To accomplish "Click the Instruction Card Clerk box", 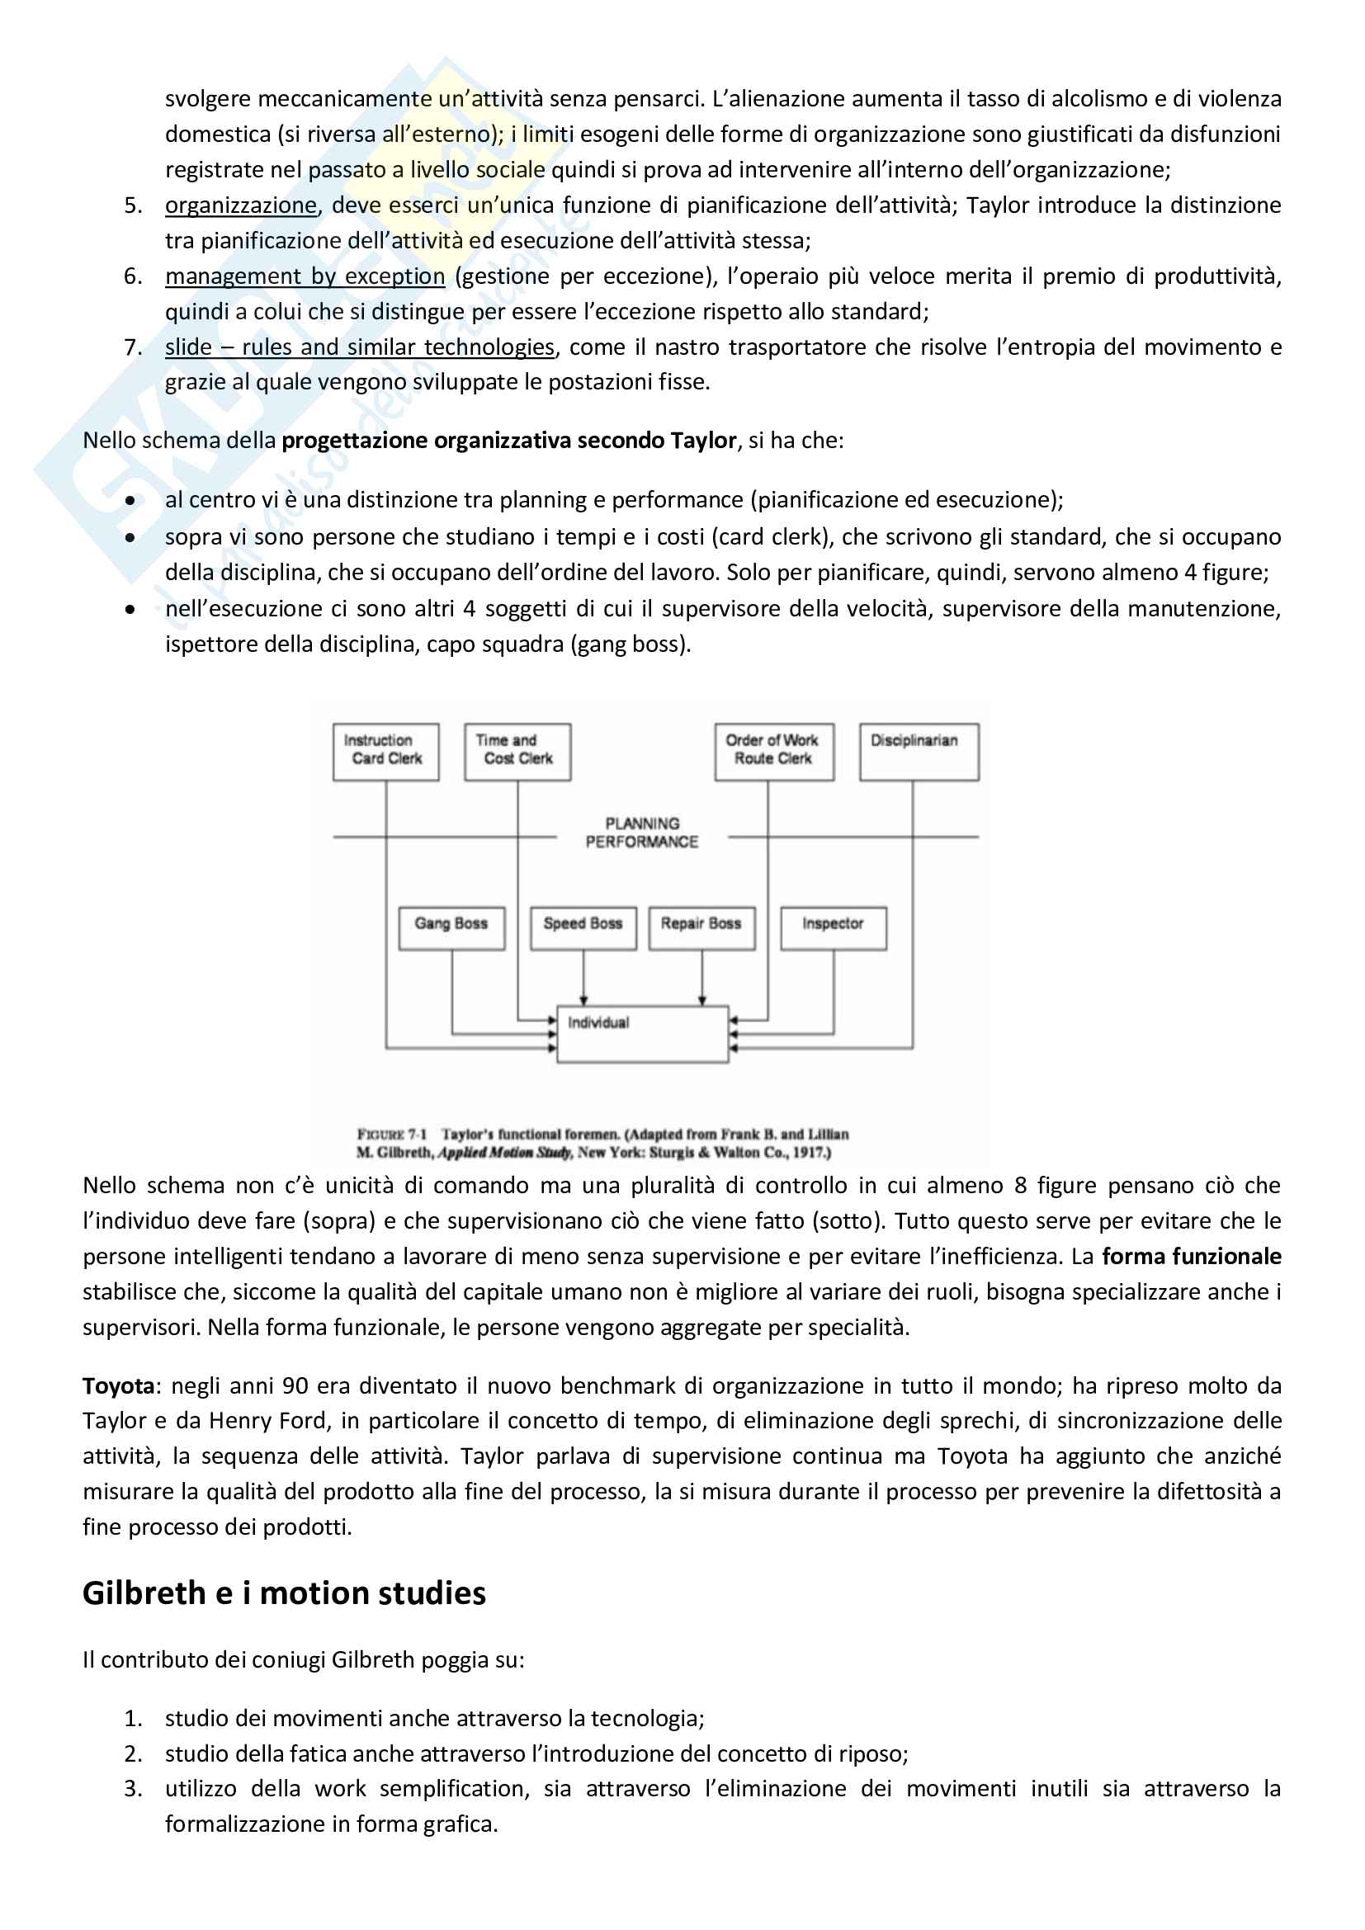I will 385,752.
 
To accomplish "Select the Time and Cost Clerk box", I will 517,752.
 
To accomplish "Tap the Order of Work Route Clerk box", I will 774,752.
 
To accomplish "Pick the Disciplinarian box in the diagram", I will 919,752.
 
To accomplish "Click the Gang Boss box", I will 451,928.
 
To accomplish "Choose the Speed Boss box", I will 583,928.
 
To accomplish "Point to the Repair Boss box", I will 701,928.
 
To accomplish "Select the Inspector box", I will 833,928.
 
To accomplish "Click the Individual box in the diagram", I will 643,1034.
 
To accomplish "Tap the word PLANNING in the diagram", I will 643,823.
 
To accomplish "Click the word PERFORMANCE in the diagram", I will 642,842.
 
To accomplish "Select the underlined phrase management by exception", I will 305,276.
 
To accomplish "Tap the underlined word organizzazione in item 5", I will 240,205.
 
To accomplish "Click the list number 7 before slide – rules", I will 133,347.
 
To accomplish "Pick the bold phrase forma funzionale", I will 1191,1257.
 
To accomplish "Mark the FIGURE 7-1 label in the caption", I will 392,1134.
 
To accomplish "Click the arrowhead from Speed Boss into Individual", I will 583,1000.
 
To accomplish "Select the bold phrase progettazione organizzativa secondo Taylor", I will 508,441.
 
